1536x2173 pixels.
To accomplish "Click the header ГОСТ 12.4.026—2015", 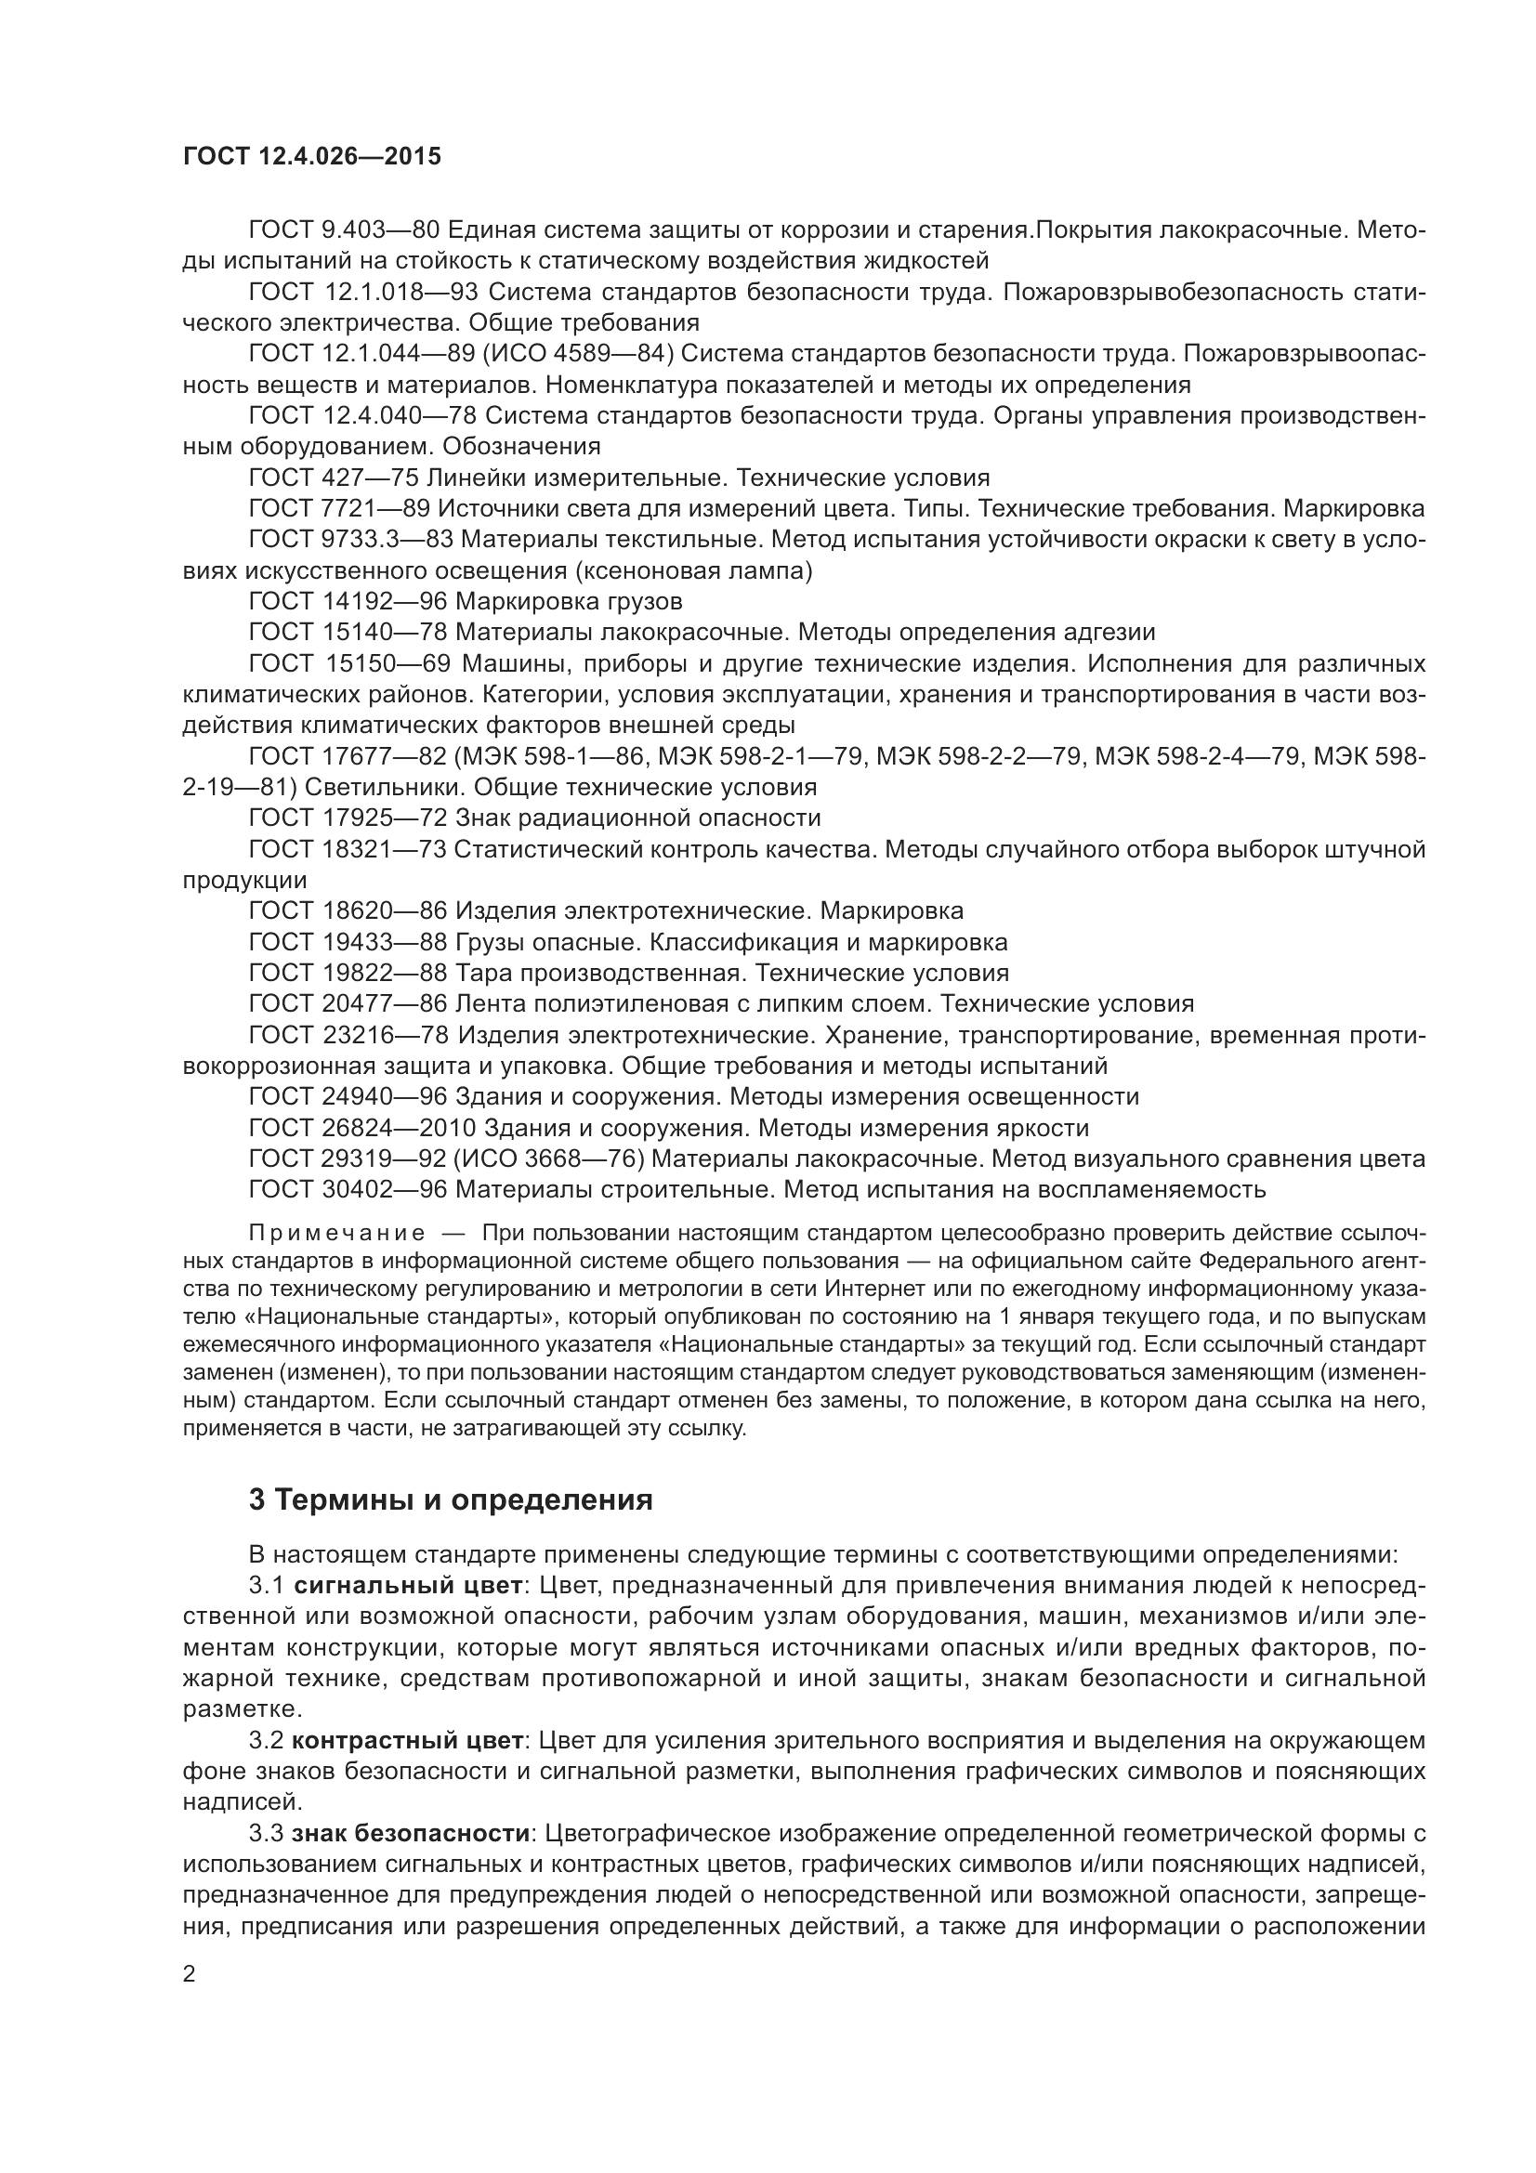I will (x=311, y=156).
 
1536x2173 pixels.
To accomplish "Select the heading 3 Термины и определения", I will (x=451, y=1500).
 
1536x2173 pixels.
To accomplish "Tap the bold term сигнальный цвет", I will (x=408, y=1584).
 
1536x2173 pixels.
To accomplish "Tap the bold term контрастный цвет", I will (x=407, y=1740).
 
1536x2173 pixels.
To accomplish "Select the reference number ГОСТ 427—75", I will (x=334, y=477).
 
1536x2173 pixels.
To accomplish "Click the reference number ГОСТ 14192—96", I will (x=348, y=601).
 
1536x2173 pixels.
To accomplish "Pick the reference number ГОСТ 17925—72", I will (x=348, y=818).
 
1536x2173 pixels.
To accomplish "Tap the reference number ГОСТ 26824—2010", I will (x=363, y=1128).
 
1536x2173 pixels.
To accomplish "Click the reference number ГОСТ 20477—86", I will (x=348, y=1004).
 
